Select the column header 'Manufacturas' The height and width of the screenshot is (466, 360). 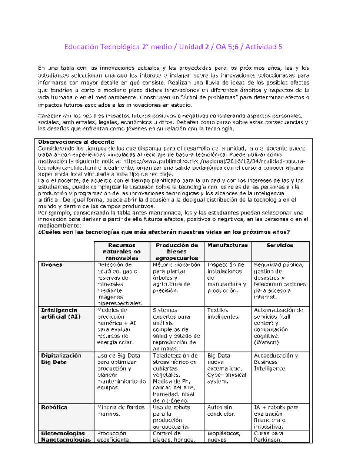point(227,245)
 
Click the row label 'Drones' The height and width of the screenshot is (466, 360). point(52,264)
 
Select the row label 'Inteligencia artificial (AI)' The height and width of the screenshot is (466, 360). point(61,313)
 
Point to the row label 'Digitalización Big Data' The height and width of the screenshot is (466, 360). point(61,359)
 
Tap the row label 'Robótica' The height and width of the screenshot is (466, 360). point(54,407)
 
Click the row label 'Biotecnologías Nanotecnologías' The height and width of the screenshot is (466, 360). point(66,437)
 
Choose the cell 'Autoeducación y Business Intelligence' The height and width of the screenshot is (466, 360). point(276,362)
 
